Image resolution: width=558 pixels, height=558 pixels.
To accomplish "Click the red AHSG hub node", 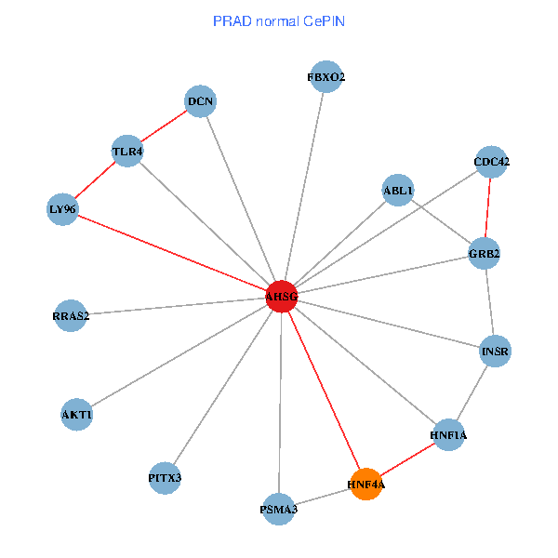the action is point(281,297).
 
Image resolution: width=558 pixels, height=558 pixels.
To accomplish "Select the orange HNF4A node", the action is point(366,484).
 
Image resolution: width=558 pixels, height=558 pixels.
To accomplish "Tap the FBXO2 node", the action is point(326,77).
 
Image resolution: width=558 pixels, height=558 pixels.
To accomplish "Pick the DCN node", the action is point(200,100).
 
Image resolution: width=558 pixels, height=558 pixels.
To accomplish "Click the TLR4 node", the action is point(127,152).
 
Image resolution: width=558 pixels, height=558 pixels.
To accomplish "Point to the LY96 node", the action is point(62,209).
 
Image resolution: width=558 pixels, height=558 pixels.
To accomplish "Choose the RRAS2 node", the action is point(71,316).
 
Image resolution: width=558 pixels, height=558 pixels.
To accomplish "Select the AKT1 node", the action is point(77,414).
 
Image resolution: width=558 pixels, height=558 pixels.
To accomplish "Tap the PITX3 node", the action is point(165,478).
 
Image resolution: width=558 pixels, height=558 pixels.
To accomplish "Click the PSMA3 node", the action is point(279,509).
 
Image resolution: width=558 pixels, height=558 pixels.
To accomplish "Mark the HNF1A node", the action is point(448,435).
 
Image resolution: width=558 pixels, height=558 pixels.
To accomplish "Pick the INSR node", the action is point(496,352).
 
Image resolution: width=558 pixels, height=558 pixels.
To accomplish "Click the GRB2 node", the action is point(485,253).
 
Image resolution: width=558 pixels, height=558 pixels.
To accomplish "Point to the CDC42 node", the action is point(492,162).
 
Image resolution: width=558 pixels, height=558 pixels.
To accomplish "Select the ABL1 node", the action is point(398,191).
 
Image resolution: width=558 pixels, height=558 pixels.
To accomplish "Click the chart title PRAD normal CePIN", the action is point(279,20).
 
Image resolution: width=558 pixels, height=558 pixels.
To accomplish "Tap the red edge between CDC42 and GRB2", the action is point(488,207).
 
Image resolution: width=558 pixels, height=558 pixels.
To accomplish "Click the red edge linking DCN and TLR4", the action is point(164,126).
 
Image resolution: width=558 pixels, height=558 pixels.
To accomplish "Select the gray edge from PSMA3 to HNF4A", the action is point(323,497).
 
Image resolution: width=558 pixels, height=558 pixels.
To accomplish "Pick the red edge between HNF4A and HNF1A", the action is point(407,459).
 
